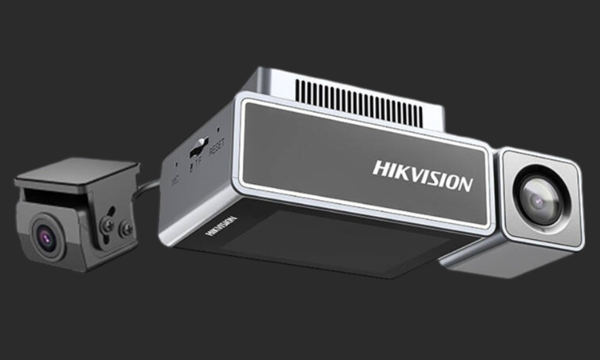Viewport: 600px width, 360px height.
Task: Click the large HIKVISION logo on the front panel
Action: pos(422,175)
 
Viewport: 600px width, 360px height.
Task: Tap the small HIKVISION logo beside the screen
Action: pos(221,226)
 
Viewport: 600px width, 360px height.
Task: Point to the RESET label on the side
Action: pos(217,148)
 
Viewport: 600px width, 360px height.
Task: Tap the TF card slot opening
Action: pos(198,147)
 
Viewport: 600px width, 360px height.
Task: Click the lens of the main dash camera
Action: pos(539,199)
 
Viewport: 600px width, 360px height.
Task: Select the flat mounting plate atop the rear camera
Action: pos(76,173)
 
